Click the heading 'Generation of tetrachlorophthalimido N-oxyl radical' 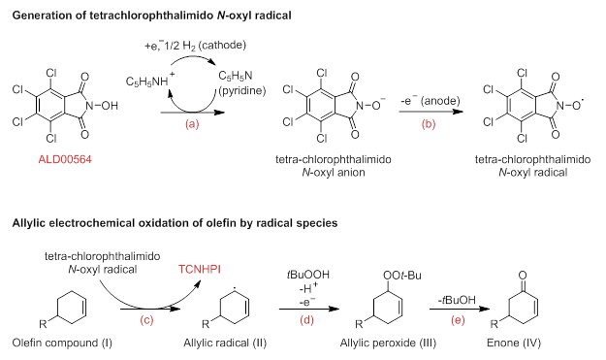(160, 11)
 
